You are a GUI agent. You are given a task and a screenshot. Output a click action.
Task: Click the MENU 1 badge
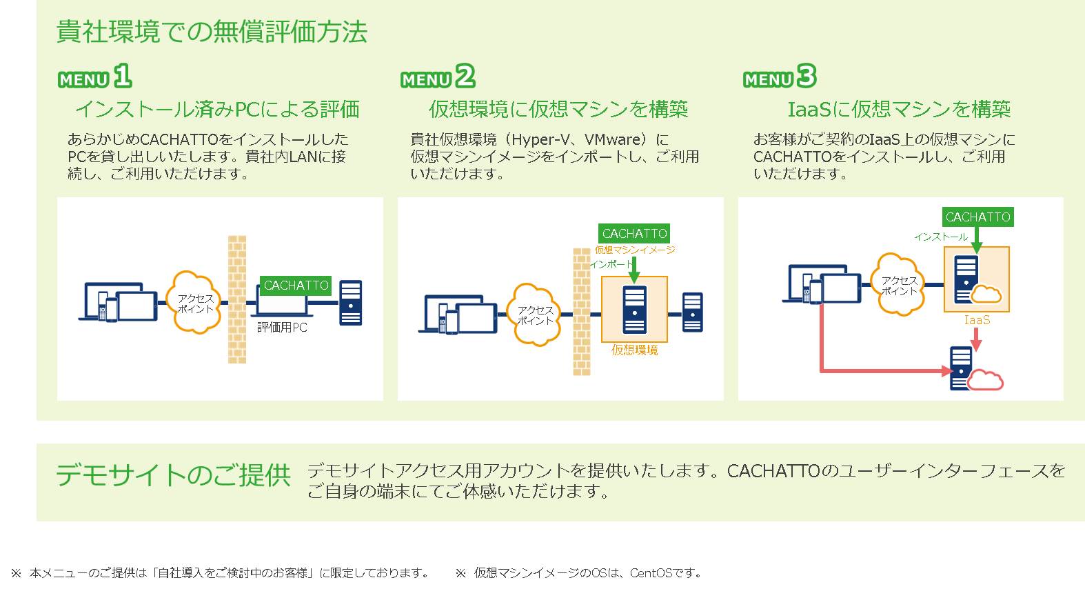click(x=94, y=76)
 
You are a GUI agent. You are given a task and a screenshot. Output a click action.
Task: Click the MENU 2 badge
click(x=438, y=76)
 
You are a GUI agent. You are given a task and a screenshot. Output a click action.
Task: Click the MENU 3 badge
click(x=780, y=76)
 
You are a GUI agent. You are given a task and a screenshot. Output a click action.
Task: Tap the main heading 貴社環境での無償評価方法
click(x=212, y=32)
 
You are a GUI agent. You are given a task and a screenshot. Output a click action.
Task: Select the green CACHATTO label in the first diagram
click(x=296, y=285)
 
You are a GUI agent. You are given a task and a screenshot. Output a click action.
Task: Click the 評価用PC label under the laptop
click(x=282, y=328)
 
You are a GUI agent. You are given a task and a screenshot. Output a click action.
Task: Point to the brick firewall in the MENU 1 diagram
click(x=237, y=299)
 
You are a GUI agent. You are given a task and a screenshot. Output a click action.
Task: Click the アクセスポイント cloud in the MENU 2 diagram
click(x=534, y=315)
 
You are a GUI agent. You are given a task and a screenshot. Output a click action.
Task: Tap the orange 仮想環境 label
click(x=635, y=350)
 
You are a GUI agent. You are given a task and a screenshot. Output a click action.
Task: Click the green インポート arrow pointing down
click(x=634, y=270)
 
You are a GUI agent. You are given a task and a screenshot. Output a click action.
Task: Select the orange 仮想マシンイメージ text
click(x=635, y=250)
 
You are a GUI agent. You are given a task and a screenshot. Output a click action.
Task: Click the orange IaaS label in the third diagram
click(x=977, y=320)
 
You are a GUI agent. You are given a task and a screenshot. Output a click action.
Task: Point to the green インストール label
click(x=941, y=237)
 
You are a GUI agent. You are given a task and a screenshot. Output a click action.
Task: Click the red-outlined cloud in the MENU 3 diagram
click(x=985, y=381)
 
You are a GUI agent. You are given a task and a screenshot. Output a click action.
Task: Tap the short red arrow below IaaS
click(x=977, y=339)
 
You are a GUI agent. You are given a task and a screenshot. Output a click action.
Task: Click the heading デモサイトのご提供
click(x=173, y=475)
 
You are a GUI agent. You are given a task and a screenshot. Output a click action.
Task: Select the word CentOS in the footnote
click(x=651, y=573)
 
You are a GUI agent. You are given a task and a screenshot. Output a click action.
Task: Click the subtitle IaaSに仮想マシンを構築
click(x=899, y=109)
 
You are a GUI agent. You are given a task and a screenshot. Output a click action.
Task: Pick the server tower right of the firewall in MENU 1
click(x=351, y=303)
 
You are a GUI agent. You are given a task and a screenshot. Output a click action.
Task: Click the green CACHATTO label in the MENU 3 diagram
click(x=978, y=217)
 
